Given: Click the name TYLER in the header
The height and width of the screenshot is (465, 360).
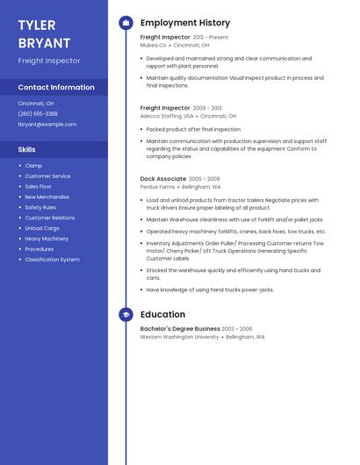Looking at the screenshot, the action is click(x=37, y=25).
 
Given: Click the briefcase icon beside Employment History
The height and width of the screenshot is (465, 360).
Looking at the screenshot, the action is click(x=126, y=23).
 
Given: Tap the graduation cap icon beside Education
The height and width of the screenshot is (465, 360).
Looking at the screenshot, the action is click(x=126, y=314).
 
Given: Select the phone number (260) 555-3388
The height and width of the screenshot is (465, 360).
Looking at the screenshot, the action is click(x=38, y=113).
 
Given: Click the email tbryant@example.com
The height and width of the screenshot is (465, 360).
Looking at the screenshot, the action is click(x=47, y=125).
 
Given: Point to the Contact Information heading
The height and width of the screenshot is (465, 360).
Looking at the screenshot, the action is click(x=56, y=88).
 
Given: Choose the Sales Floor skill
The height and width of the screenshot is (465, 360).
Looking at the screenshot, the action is click(x=38, y=186).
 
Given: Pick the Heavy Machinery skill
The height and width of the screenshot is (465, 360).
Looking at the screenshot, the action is click(x=47, y=239).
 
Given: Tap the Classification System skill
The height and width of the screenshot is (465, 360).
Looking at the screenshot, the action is click(x=52, y=260).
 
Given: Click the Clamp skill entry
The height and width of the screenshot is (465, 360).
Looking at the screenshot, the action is click(x=33, y=166).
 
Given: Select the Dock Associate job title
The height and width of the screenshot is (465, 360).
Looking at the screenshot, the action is click(x=163, y=179).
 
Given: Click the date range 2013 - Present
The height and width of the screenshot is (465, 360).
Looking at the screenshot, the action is click(x=211, y=38).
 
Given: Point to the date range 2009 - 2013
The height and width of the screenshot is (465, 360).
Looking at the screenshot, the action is click(x=207, y=108).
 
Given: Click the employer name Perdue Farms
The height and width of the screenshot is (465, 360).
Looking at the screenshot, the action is click(x=158, y=187).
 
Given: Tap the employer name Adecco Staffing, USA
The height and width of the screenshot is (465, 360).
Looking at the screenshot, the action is click(x=167, y=116).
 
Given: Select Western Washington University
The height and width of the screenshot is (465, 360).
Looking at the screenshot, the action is click(x=179, y=337).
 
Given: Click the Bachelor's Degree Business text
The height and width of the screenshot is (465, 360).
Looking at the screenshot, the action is click(x=180, y=329).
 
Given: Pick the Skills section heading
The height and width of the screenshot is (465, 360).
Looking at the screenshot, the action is click(x=27, y=150).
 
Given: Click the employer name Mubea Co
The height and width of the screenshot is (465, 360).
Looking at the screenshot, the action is click(x=154, y=45).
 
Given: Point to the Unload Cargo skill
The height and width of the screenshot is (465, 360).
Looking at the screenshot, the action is click(x=42, y=228).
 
